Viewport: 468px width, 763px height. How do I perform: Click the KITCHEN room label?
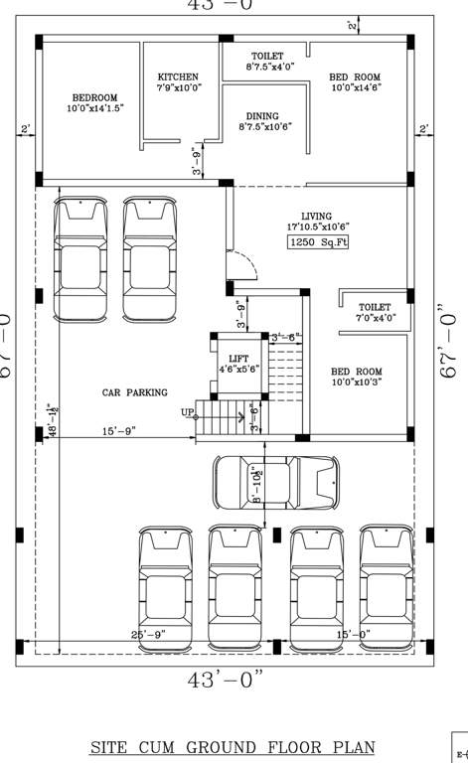pyautogui.click(x=178, y=81)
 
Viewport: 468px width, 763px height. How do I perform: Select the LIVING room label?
pyautogui.click(x=317, y=222)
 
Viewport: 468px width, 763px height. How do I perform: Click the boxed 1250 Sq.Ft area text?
pyautogui.click(x=317, y=242)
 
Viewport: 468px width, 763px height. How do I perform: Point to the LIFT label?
pyautogui.click(x=238, y=363)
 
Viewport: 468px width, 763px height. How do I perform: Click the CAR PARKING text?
pyautogui.click(x=134, y=393)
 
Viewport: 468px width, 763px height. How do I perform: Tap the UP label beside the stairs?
pyautogui.click(x=187, y=412)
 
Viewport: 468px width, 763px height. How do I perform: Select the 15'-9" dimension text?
pyautogui.click(x=118, y=431)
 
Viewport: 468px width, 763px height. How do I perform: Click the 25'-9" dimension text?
pyautogui.click(x=148, y=634)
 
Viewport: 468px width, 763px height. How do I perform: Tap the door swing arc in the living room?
pyautogui.click(x=244, y=266)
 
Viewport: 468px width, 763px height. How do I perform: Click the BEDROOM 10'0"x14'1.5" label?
pyautogui.click(x=94, y=103)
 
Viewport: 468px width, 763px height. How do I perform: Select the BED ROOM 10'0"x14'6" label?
pyautogui.click(x=356, y=81)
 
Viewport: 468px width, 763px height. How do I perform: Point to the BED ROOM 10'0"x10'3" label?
pyautogui.click(x=356, y=376)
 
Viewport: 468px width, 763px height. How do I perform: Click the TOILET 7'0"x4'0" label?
pyautogui.click(x=375, y=313)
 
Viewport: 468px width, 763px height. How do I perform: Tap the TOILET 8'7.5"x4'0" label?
pyautogui.click(x=266, y=62)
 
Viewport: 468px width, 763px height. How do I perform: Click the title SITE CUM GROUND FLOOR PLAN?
pyautogui.click(x=234, y=746)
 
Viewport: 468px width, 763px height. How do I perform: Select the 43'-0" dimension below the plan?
pyautogui.click(x=227, y=681)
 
